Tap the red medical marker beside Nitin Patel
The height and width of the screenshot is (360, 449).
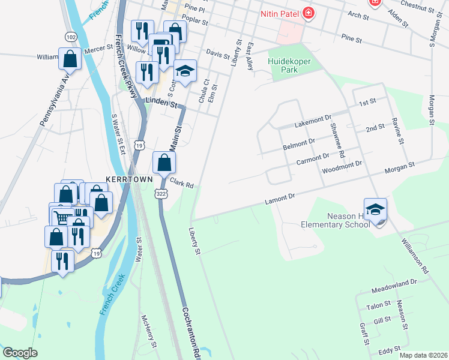tap(309, 13)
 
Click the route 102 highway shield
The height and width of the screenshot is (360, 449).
tap(71, 37)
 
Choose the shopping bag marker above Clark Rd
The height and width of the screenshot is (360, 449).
tap(164, 163)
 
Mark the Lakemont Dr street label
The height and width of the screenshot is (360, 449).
tap(313, 124)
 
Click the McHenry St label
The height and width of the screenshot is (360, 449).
tap(148, 332)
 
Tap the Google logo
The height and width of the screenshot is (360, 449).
tap(20, 353)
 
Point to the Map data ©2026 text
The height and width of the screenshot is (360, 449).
tap(423, 355)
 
